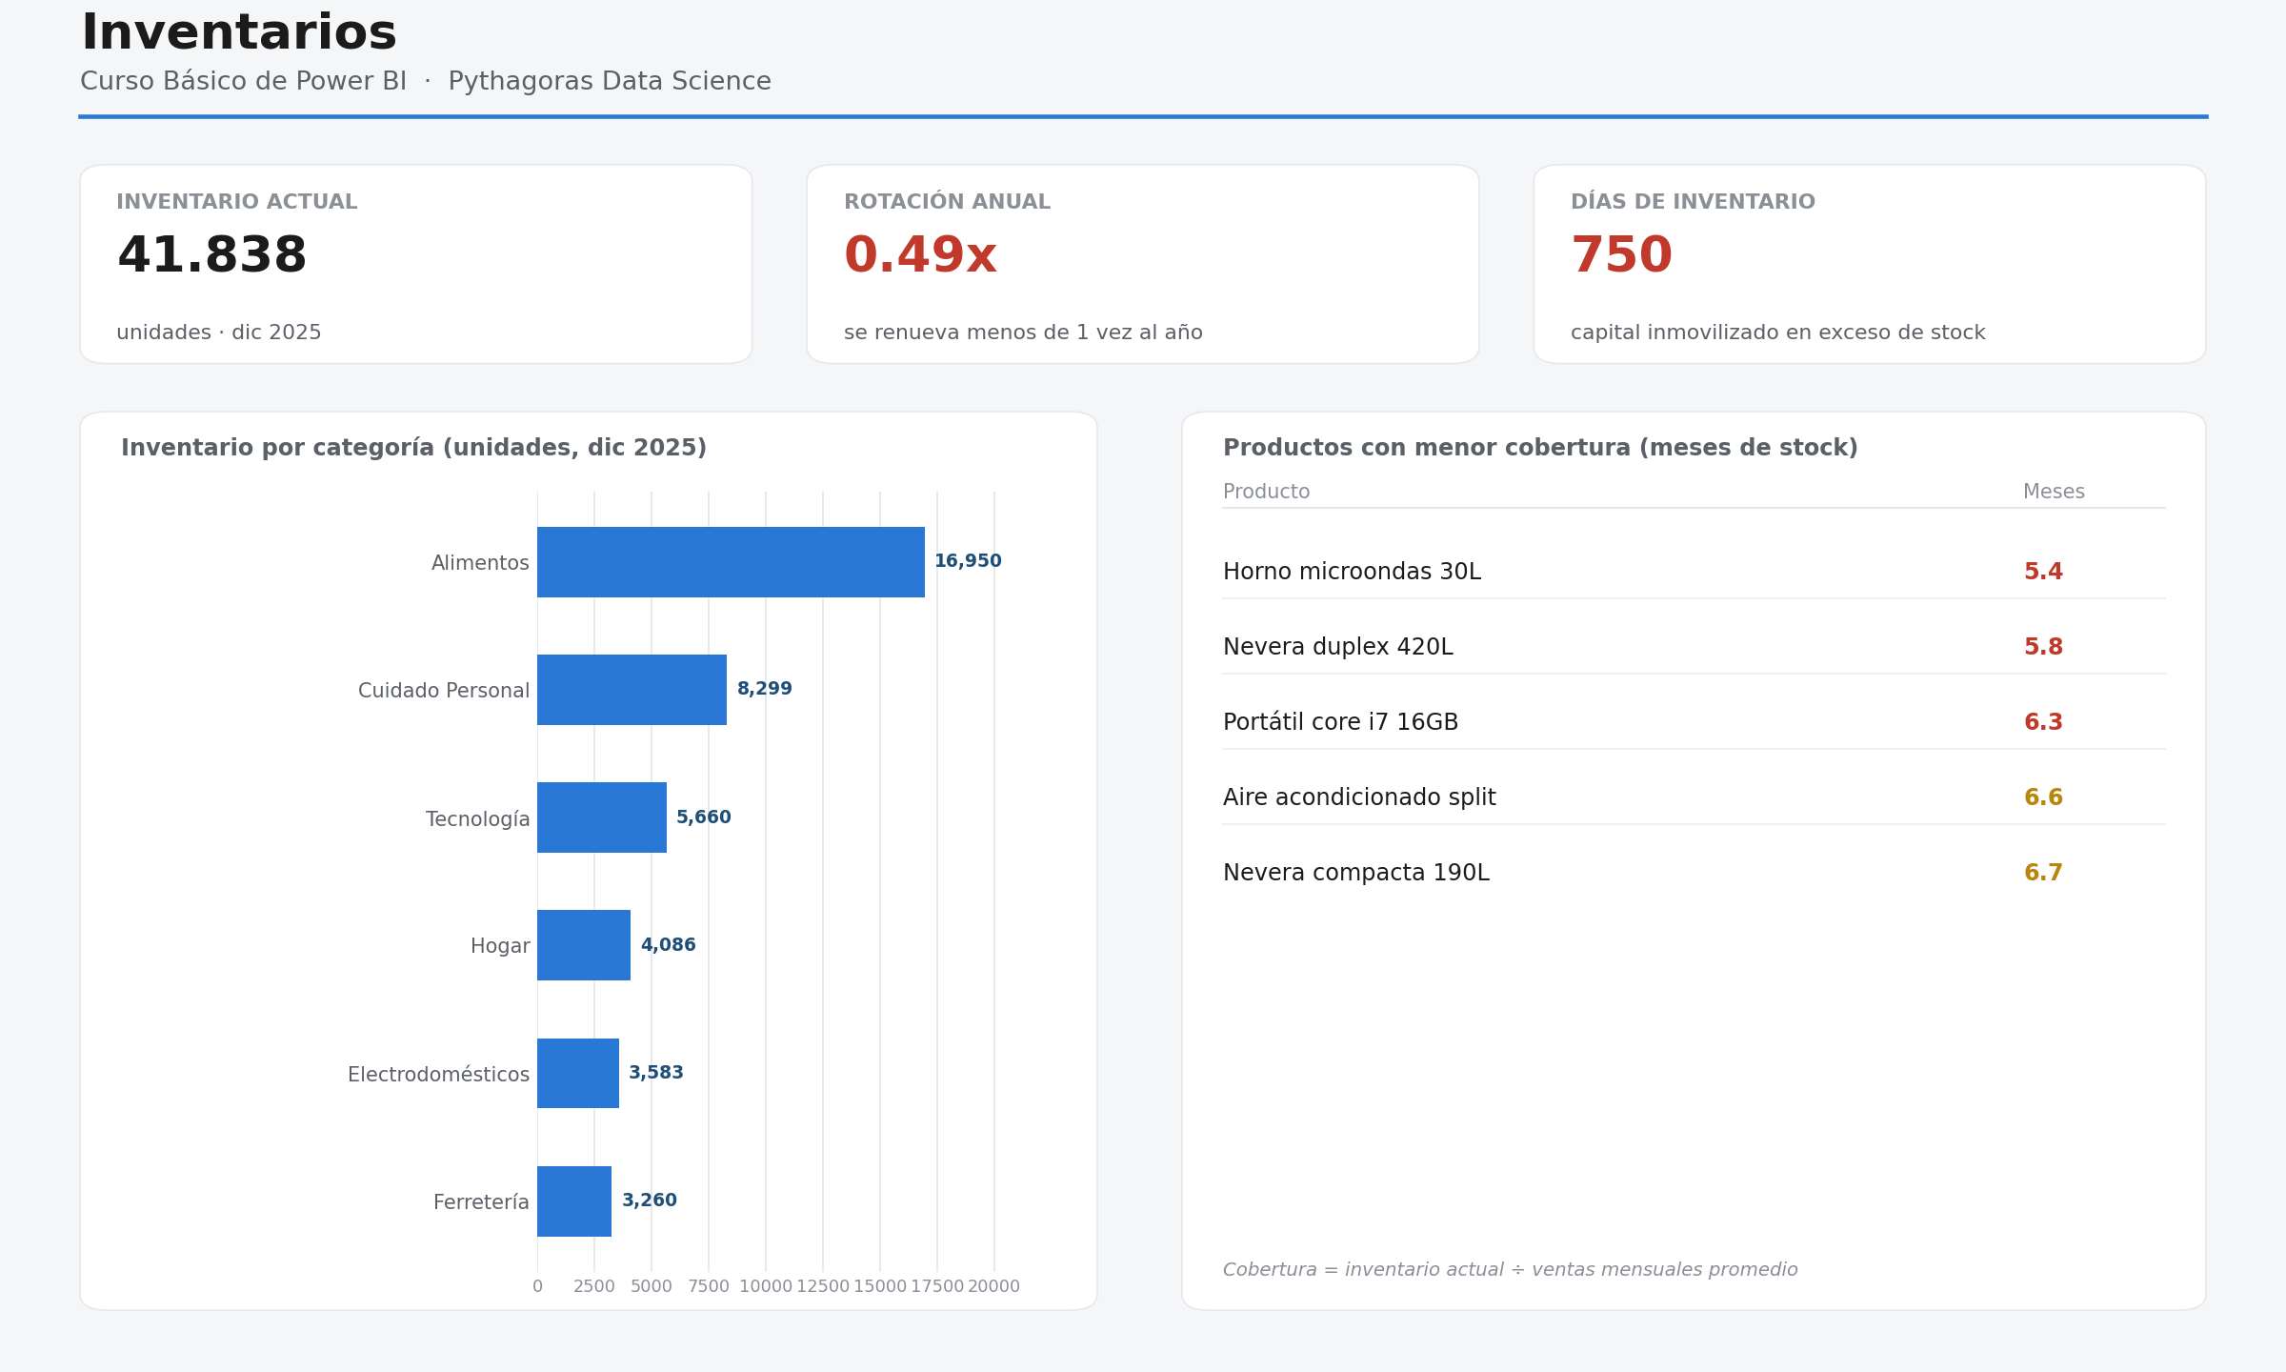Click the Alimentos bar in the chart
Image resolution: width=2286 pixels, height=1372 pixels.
click(x=731, y=562)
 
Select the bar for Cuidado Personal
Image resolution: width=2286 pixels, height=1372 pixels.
click(x=632, y=690)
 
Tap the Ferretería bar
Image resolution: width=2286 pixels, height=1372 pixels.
click(x=574, y=1201)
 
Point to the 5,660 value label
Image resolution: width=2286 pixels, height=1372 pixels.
click(x=704, y=817)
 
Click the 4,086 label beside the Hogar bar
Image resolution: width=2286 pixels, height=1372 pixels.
click(x=668, y=945)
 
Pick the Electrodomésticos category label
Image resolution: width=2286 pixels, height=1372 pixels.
click(x=438, y=1075)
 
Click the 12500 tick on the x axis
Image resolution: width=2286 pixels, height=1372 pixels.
click(x=823, y=1286)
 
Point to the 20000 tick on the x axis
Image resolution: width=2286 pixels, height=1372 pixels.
click(x=994, y=1286)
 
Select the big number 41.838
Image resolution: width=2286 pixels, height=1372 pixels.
click(x=211, y=256)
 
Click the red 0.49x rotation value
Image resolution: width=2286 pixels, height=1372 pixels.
click(x=920, y=256)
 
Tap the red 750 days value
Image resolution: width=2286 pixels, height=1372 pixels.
click(x=1621, y=256)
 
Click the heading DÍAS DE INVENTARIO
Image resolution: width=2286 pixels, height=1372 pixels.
click(x=1693, y=202)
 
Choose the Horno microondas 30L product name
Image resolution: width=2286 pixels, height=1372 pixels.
click(x=1352, y=572)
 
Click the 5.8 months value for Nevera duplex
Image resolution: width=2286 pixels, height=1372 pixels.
click(x=2043, y=647)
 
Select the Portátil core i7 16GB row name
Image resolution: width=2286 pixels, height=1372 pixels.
click(x=1340, y=722)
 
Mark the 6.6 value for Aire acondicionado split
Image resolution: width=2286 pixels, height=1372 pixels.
click(x=2043, y=797)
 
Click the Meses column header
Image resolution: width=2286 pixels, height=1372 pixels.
click(x=2054, y=492)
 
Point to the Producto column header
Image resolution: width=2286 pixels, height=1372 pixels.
click(x=1266, y=492)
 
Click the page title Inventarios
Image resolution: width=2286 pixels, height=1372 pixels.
click(x=238, y=33)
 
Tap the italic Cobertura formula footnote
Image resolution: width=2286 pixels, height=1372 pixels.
click(x=1510, y=1270)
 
